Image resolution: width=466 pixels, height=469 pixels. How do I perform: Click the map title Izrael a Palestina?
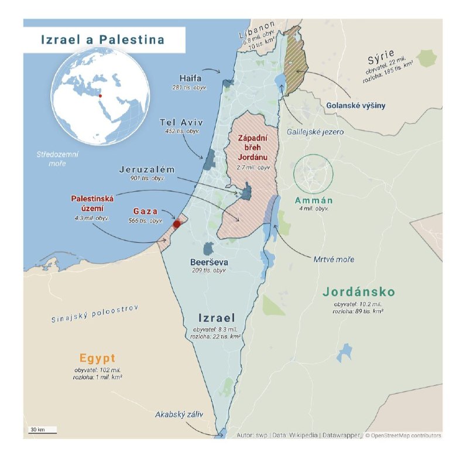pyautogui.click(x=102, y=40)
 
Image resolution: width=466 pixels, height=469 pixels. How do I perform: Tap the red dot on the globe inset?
pyautogui.click(x=100, y=96)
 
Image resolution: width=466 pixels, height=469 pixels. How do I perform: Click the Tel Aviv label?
pyautogui.click(x=181, y=123)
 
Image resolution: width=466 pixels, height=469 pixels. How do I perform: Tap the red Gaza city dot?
pyautogui.click(x=177, y=223)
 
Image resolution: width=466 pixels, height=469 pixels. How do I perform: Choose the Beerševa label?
pyautogui.click(x=209, y=262)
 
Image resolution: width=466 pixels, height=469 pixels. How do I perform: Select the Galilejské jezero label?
pyautogui.click(x=315, y=132)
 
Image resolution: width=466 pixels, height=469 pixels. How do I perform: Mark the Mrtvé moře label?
pyautogui.click(x=334, y=259)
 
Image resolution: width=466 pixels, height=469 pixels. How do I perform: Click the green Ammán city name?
pyautogui.click(x=314, y=200)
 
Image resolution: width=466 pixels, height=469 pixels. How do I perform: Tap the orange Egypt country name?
pyautogui.click(x=98, y=358)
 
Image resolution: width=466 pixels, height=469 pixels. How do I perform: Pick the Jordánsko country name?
pyautogui.click(x=359, y=292)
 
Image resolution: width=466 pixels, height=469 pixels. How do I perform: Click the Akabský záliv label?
pyautogui.click(x=179, y=414)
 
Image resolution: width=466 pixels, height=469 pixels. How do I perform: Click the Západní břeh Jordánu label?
pyautogui.click(x=253, y=147)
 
